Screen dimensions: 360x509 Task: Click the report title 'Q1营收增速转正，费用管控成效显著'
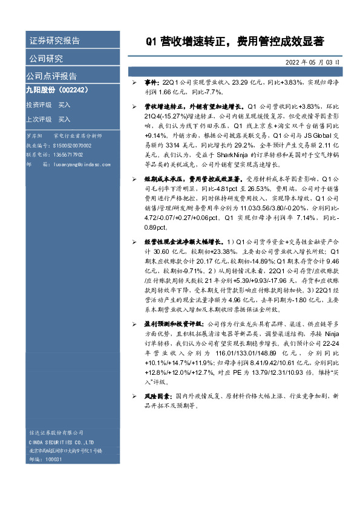pyautogui.click(x=235, y=42)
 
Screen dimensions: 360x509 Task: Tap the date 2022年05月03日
pyautogui.click(x=311, y=62)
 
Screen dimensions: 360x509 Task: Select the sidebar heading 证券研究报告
pyautogui.click(x=54, y=41)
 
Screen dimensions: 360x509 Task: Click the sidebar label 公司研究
pyautogui.click(x=46, y=59)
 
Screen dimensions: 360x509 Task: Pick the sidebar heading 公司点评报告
pyautogui.click(x=51, y=76)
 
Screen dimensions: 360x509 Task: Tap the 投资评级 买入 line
pyautogui.click(x=48, y=105)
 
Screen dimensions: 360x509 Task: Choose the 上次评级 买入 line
pyautogui.click(x=48, y=119)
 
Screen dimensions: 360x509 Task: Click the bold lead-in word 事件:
pyautogui.click(x=151, y=80)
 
